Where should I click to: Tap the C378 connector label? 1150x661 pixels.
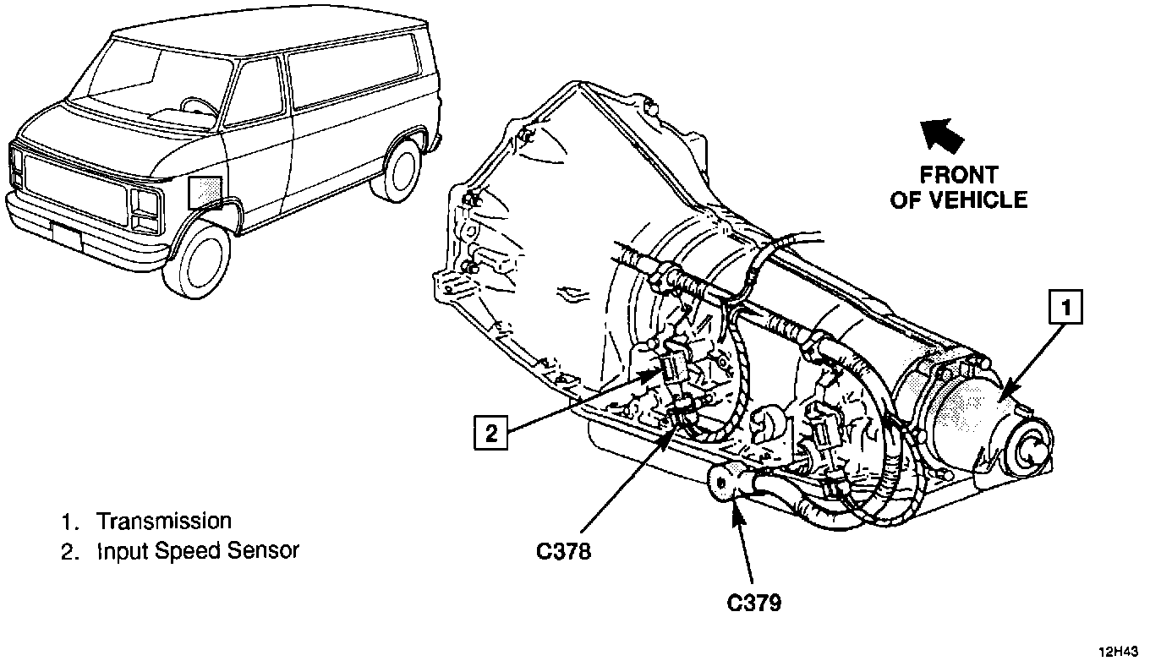pyautogui.click(x=563, y=551)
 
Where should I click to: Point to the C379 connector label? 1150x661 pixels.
pyautogui.click(x=753, y=603)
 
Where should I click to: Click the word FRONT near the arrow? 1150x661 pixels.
pyautogui.click(x=959, y=176)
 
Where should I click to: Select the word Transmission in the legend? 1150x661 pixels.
pyautogui.click(x=163, y=521)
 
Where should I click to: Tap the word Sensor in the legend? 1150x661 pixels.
pyautogui.click(x=264, y=551)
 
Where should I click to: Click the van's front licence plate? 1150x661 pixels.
pyautogui.click(x=67, y=238)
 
